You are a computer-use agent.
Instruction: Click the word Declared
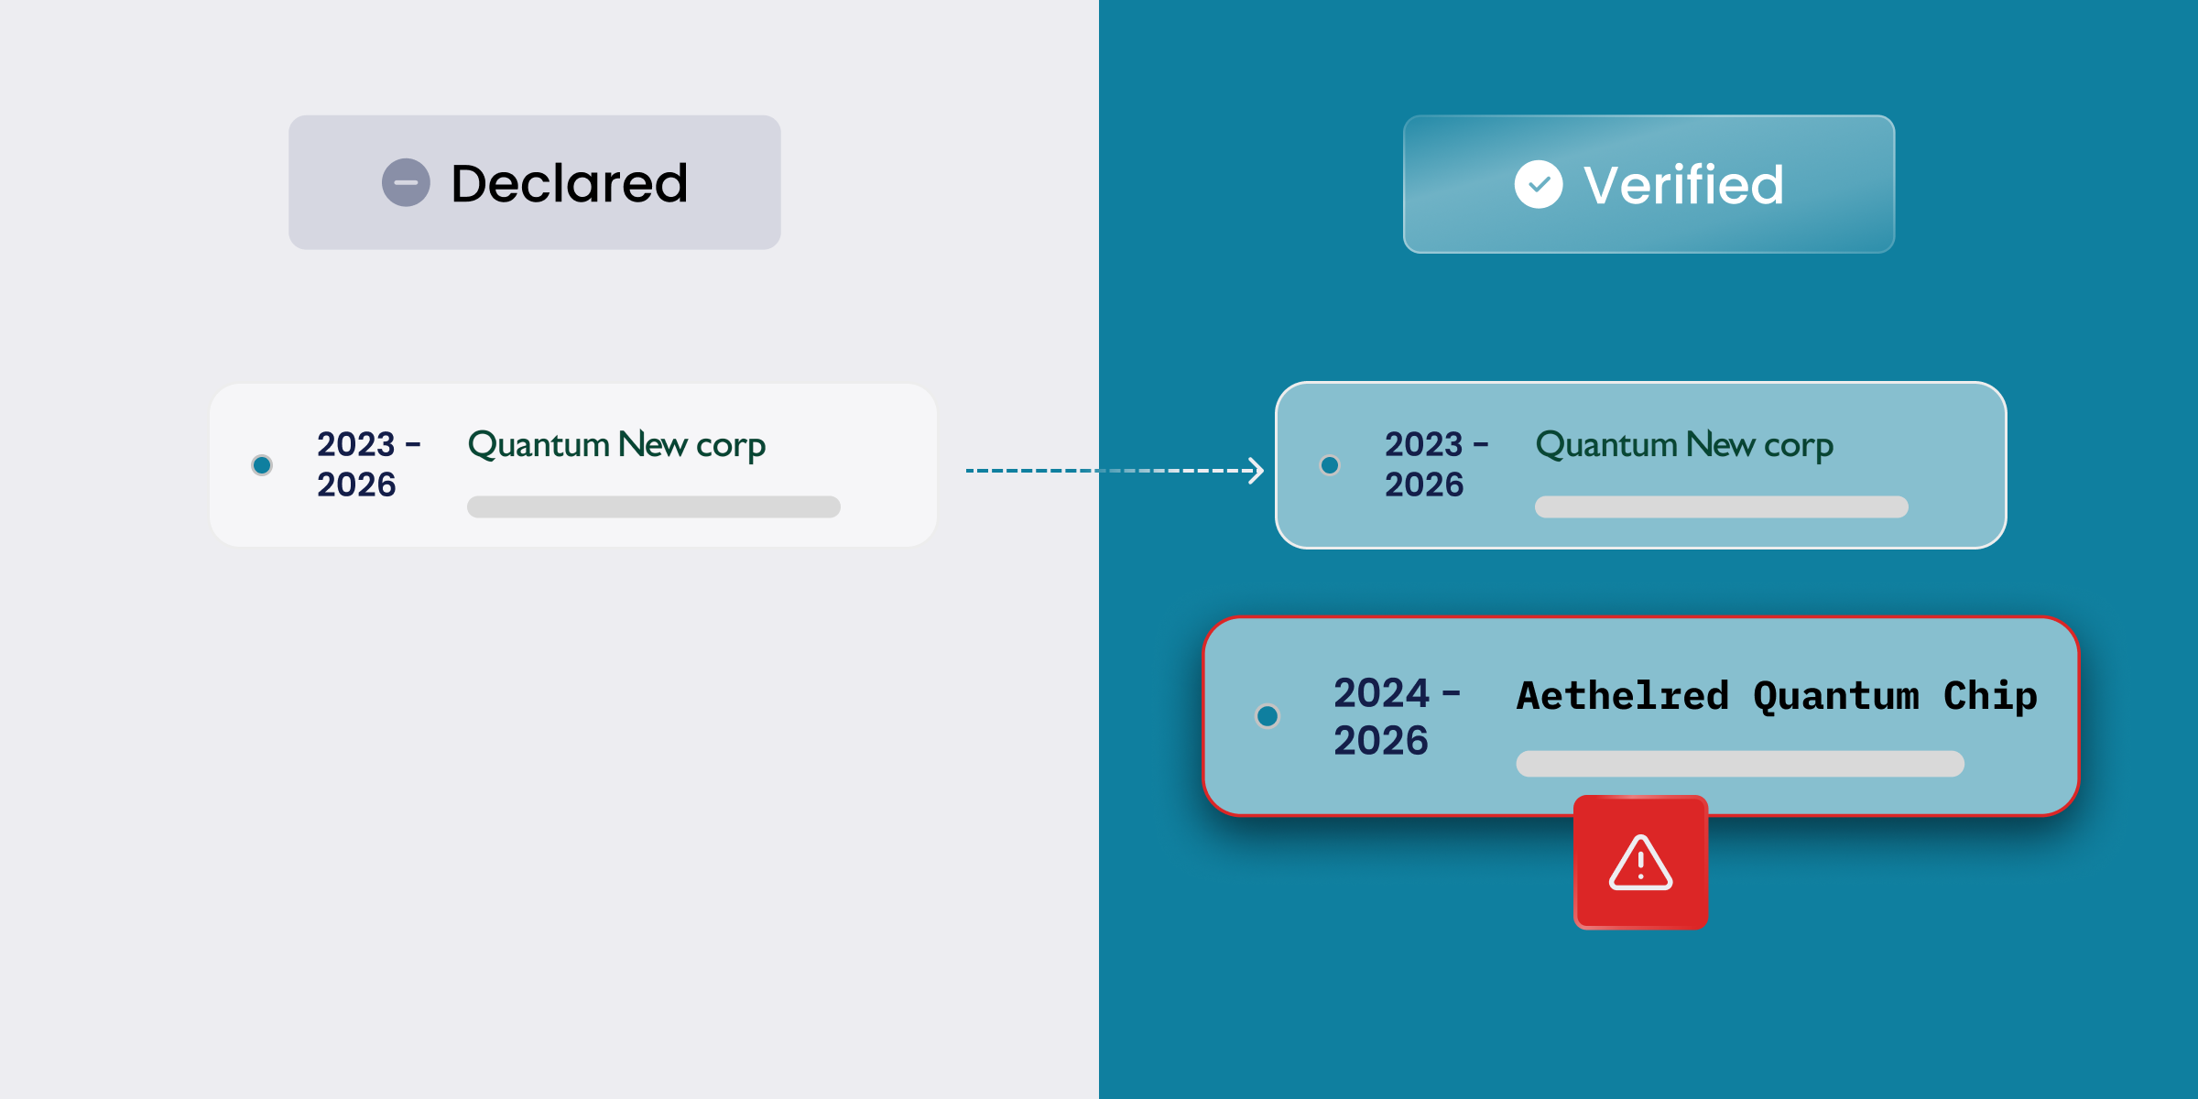tap(569, 183)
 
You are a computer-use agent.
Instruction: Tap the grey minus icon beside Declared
tap(406, 182)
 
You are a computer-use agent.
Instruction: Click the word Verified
tap(1683, 185)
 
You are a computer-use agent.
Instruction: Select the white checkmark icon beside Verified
tap(1539, 184)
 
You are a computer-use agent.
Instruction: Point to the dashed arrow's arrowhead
tap(1257, 471)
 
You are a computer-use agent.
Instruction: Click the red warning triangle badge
tap(1640, 863)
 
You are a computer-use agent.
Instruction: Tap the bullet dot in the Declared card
tap(262, 465)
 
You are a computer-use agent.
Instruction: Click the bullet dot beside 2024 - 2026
tap(1268, 715)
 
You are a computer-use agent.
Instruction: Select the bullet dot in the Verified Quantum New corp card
tap(1330, 465)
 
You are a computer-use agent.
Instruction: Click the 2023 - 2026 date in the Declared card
tap(369, 464)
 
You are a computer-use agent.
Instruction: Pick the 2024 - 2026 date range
tap(1397, 716)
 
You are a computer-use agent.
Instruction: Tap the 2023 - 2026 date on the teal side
tap(1436, 464)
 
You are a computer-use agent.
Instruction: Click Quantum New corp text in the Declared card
tap(616, 445)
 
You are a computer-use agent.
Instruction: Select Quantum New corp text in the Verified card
tap(1684, 445)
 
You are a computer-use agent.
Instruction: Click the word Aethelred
tap(1623, 695)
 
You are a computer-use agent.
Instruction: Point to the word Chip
tap(1990, 697)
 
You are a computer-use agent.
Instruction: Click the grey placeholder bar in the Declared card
tap(654, 507)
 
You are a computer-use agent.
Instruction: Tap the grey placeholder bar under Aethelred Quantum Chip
tap(1740, 764)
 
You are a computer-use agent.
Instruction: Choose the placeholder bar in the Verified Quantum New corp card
tap(1722, 507)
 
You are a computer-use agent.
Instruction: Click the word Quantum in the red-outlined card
tap(1836, 697)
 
